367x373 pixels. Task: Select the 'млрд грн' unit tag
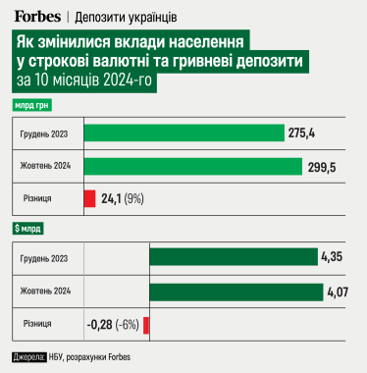coord(33,104)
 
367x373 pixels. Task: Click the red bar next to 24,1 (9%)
coord(89,198)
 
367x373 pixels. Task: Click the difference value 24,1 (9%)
coord(123,198)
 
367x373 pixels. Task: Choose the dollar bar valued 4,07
coord(236,292)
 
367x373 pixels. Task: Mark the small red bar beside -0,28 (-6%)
coord(146,324)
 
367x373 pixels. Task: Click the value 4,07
coord(337,292)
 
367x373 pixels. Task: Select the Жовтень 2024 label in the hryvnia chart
coord(45,166)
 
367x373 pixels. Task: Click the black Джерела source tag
coord(28,355)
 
